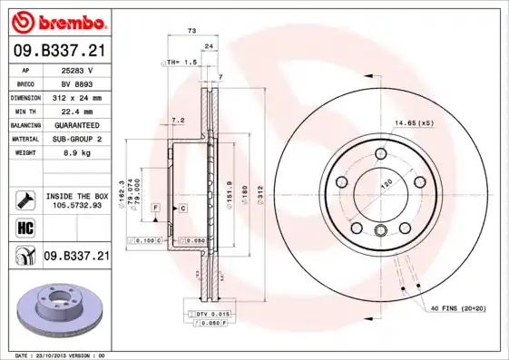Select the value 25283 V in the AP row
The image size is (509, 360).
click(x=77, y=70)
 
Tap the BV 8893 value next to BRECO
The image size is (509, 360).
click(x=77, y=83)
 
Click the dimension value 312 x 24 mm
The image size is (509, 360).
click(x=77, y=97)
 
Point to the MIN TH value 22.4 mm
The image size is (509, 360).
click(x=77, y=111)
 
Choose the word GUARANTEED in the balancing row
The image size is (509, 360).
click(x=77, y=125)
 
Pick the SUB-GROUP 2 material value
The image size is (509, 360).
click(x=77, y=139)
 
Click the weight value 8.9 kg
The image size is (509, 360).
click(x=77, y=153)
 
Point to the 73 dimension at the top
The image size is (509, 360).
click(x=191, y=32)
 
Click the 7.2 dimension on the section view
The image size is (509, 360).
click(x=178, y=120)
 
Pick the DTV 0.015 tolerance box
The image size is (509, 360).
click(x=210, y=313)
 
